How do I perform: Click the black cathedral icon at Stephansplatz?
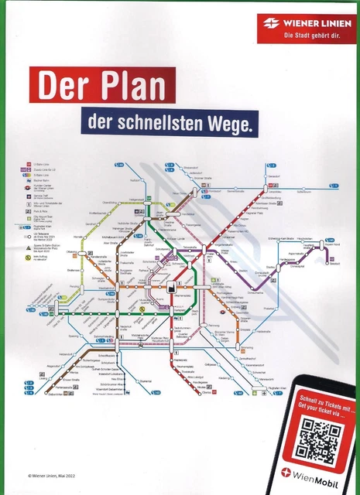[172, 287]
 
